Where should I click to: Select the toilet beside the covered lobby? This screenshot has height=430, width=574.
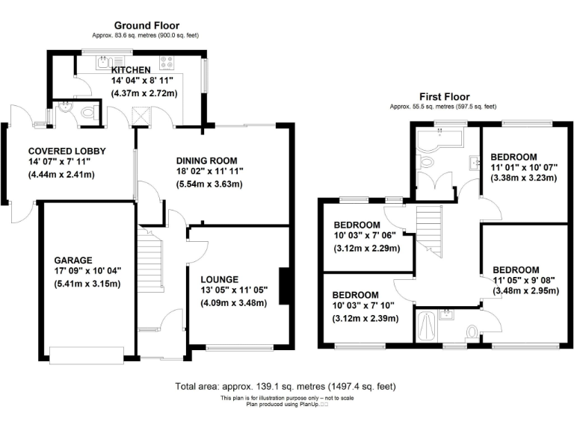tap(88, 113)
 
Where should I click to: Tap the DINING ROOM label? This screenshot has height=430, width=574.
tap(206, 160)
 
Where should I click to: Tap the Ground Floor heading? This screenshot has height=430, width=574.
tap(145, 25)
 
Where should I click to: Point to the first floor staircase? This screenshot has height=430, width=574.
tap(428, 230)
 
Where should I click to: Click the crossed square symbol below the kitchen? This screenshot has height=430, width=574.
tap(141, 115)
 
